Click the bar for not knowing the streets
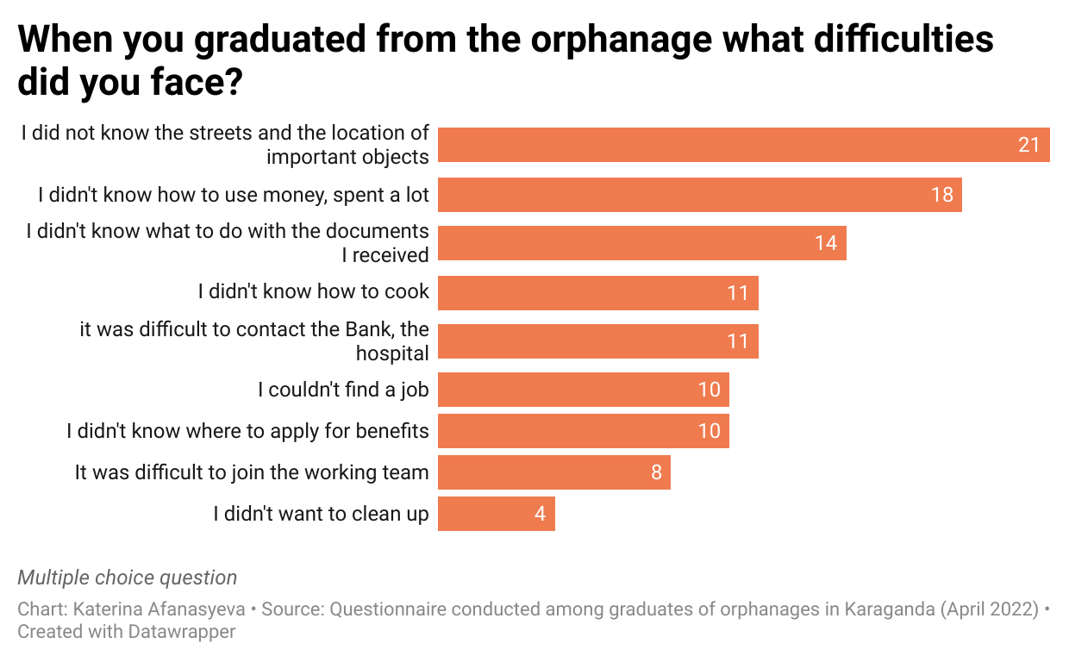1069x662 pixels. click(743, 145)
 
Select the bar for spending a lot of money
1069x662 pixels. click(699, 195)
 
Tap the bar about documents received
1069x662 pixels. click(641, 243)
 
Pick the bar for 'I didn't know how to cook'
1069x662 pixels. click(597, 293)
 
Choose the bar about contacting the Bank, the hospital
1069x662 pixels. click(597, 341)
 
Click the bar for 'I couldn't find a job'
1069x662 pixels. click(583, 390)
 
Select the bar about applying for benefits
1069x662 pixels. click(583, 431)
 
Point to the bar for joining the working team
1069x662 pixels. click(553, 472)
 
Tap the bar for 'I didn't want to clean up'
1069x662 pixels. click(496, 514)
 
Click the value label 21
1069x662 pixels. click(1028, 145)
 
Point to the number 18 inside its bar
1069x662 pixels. click(941, 195)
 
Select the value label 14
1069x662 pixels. click(825, 243)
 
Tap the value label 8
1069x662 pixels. click(656, 472)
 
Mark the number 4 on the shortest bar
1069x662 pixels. click(540, 514)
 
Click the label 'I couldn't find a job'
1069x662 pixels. click(343, 390)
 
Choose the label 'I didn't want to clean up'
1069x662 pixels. click(321, 514)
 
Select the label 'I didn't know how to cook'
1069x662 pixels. click(313, 292)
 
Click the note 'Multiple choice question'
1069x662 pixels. click(127, 578)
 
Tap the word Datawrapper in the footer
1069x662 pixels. click(182, 632)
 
